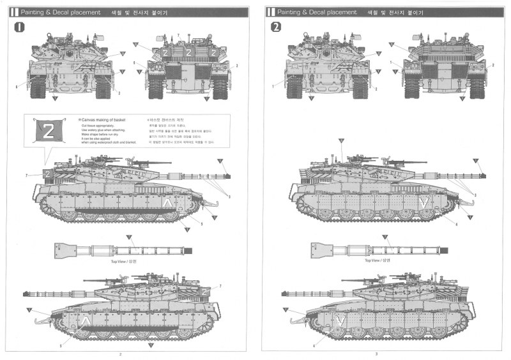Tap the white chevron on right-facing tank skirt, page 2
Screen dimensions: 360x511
[x=167, y=203]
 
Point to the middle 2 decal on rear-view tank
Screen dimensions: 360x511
[x=188, y=52]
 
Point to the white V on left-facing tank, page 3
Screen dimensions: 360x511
[x=341, y=319]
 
